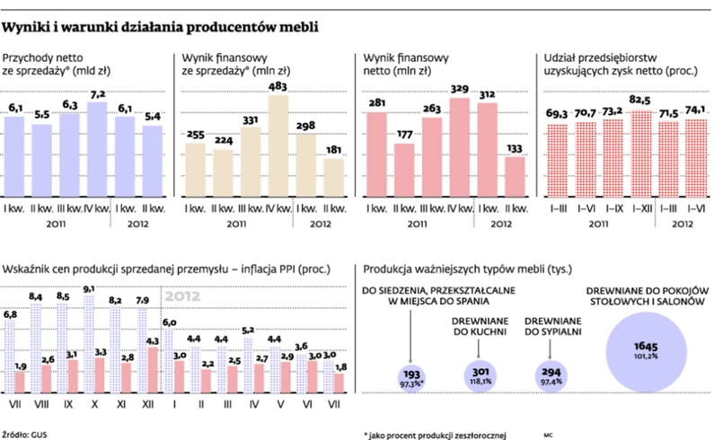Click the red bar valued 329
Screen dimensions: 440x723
[460, 148]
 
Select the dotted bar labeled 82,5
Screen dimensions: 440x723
[640, 154]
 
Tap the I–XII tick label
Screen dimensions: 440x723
[640, 209]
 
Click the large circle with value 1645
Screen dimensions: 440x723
[641, 350]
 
